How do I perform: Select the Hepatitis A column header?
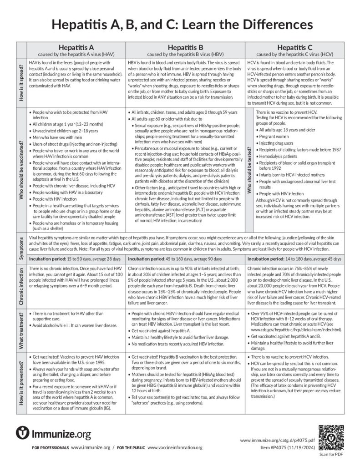point(76,50)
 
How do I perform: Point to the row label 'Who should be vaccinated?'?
point(21,171)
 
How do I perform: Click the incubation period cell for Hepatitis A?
point(76,258)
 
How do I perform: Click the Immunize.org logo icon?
point(23,433)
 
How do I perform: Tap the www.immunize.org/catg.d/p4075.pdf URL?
point(277,441)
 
